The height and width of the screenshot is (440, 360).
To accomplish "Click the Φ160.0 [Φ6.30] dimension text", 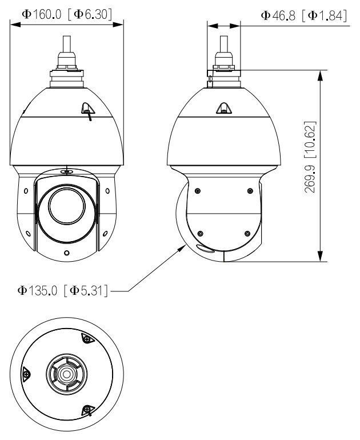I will pos(67,13).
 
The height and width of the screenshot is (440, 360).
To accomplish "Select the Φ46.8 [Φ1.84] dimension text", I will pos(305,16).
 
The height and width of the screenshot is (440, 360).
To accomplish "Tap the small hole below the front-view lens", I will pos(67,253).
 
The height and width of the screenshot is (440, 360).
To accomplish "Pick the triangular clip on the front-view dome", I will pos(86,109).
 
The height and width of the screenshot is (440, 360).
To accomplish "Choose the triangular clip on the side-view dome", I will pos(223,108).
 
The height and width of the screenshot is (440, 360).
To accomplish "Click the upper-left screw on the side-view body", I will pos(197,191).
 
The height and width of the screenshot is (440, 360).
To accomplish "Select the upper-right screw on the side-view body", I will pos(250,191).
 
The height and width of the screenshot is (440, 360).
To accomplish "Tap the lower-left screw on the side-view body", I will pos(200,233).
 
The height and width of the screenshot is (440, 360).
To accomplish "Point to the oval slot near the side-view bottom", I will pos(203,248).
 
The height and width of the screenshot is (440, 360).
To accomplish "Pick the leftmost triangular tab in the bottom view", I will pos(26,374).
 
